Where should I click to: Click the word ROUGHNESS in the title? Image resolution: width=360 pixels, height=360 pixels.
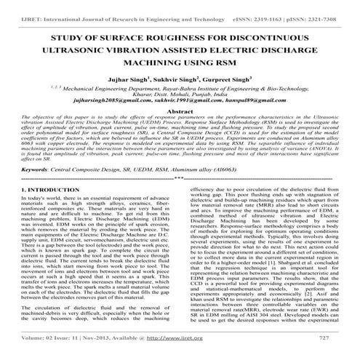click(166, 36)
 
